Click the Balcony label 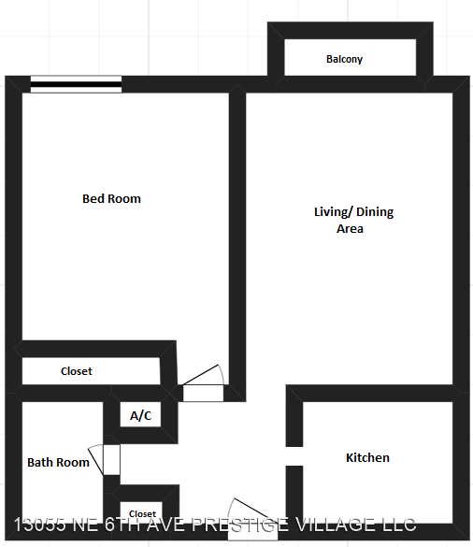tap(344, 59)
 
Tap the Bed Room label tap(111, 198)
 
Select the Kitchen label tap(367, 457)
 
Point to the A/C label tap(140, 415)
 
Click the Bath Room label tap(58, 462)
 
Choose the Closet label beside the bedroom tap(77, 371)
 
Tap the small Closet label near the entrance tap(142, 513)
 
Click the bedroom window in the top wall tap(76, 84)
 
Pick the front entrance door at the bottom tap(252, 519)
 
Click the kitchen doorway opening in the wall tap(294, 456)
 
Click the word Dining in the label tap(375, 211)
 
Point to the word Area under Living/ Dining tap(350, 228)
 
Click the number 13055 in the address tap(40, 525)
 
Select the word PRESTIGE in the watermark tap(240, 525)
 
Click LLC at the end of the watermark tap(400, 525)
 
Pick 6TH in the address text tap(122, 525)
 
